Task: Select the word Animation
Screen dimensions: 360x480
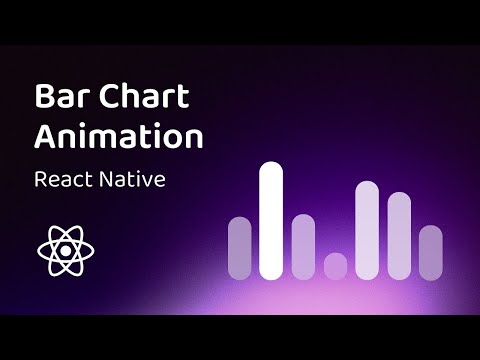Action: coord(118,135)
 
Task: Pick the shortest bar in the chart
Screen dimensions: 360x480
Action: coord(335,266)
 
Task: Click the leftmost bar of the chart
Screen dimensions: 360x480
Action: coord(240,247)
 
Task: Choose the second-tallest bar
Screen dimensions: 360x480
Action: coord(367,230)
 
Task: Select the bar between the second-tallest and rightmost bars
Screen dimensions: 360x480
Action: coord(399,235)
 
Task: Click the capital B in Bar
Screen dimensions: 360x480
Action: coord(44,98)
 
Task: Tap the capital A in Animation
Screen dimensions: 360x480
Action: coord(46,135)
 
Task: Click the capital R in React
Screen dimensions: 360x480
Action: coord(41,181)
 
